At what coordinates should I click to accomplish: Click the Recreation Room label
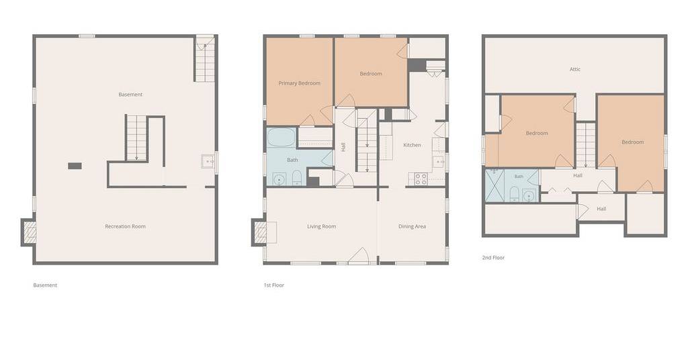click(125, 226)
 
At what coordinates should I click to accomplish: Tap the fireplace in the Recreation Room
click(29, 232)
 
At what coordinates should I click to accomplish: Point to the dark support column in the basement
click(75, 166)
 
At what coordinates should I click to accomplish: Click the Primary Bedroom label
click(299, 83)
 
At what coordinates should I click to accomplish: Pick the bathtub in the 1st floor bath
click(281, 137)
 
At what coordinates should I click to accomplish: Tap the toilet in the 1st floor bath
click(297, 177)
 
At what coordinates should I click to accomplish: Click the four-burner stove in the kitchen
click(421, 179)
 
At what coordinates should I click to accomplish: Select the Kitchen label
click(412, 144)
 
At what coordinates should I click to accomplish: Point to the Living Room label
click(321, 226)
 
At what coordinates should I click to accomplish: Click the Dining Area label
click(412, 226)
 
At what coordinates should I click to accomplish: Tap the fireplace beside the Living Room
click(260, 232)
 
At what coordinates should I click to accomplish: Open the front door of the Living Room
click(359, 256)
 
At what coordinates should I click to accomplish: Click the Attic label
click(575, 69)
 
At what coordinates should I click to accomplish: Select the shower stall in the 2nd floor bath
click(494, 185)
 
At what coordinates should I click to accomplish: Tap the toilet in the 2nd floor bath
click(514, 194)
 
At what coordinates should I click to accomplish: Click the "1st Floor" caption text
click(274, 285)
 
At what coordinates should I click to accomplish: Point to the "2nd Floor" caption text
click(493, 257)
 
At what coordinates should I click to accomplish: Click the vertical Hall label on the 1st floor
click(343, 147)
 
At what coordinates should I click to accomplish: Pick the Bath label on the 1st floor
click(292, 160)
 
